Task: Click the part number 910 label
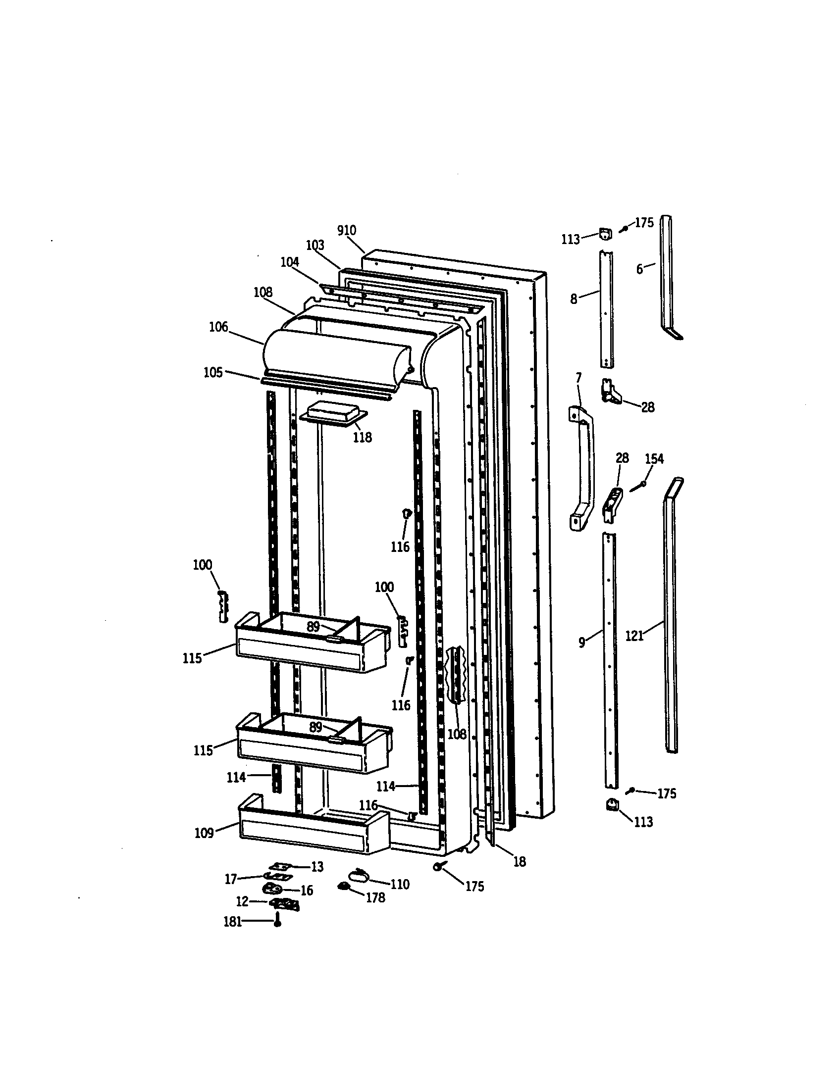(347, 230)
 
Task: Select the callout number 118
(362, 437)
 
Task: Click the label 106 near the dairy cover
(218, 327)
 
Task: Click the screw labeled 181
(278, 923)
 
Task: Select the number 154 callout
(654, 459)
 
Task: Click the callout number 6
(639, 270)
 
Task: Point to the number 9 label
(581, 643)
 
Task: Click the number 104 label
(289, 262)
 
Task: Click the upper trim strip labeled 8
(606, 309)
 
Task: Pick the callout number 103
(315, 246)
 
